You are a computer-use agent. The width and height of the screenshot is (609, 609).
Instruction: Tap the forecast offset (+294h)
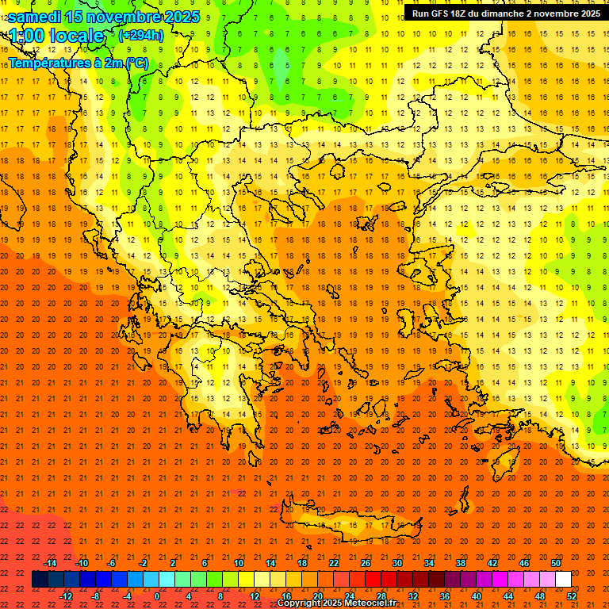(x=140, y=36)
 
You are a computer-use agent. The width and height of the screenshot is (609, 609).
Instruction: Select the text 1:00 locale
(x=56, y=36)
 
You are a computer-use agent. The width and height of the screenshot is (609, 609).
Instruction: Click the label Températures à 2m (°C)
(x=78, y=62)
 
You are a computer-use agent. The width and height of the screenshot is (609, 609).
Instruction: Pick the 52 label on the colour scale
(x=572, y=596)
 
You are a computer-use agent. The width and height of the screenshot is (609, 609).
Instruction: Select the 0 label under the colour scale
(x=157, y=596)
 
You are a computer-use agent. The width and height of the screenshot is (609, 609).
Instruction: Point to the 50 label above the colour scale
(x=555, y=562)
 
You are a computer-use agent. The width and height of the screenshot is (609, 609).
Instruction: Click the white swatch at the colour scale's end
(x=563, y=580)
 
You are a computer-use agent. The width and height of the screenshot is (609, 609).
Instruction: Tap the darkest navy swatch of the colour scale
(x=40, y=580)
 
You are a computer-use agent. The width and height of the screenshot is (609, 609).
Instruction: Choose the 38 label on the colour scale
(x=460, y=562)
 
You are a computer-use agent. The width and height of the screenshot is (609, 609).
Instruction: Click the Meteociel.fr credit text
(x=370, y=603)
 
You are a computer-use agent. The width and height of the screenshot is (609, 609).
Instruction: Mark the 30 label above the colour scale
(x=396, y=562)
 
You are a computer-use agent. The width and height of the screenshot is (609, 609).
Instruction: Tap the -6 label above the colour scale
(x=112, y=562)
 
